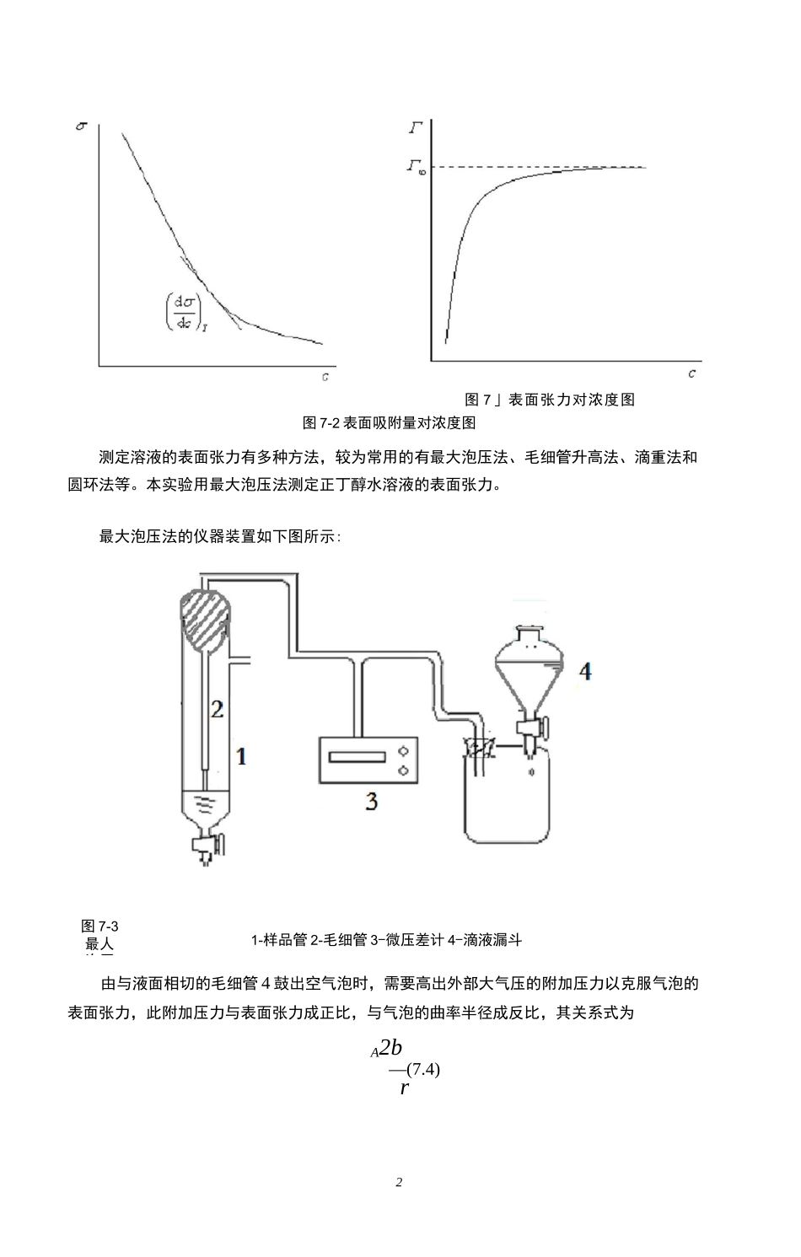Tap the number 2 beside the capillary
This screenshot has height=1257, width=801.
(217, 709)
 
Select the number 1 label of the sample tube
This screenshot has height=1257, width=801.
(242, 756)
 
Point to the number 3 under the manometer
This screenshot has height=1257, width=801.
(371, 801)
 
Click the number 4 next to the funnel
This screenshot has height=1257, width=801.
(585, 671)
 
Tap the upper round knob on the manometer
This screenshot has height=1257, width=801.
(402, 749)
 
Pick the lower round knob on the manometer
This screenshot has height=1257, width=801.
(402, 769)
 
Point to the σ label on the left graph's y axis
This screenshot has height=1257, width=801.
(81, 126)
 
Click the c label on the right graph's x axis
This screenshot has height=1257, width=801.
(691, 373)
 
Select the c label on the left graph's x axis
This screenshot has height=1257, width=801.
(325, 376)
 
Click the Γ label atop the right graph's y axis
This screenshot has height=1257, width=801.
(416, 128)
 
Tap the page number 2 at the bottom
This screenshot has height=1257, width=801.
(399, 1182)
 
